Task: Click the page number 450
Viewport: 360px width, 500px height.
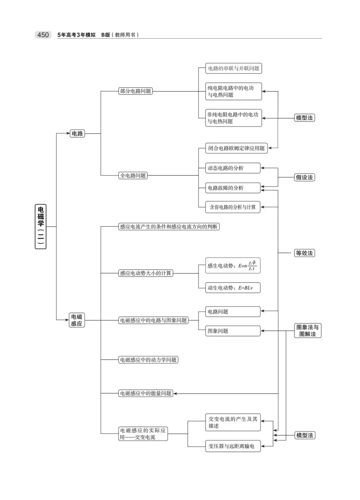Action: coord(43,35)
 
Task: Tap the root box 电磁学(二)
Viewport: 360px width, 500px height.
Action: coord(41,227)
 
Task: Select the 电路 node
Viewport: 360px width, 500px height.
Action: coord(77,134)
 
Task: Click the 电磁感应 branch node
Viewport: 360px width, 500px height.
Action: coord(77,320)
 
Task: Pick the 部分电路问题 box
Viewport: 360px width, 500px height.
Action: coord(135,91)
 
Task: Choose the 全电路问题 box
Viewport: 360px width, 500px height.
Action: coord(133,176)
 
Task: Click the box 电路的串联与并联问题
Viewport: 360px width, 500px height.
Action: coord(233,69)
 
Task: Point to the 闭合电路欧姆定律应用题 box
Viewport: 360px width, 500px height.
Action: coord(236,148)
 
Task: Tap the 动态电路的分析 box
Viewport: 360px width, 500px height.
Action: coord(232,168)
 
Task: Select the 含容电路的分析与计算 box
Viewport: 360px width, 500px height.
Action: coord(233,207)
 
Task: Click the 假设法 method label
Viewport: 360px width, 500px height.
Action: coord(304,177)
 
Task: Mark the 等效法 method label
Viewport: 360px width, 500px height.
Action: coord(304,253)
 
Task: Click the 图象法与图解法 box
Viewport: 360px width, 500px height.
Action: coord(307,330)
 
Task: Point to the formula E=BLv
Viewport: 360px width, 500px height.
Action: coord(245,288)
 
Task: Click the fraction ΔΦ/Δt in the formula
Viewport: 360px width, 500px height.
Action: coord(252,265)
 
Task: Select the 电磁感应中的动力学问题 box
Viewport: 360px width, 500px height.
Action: coord(148,360)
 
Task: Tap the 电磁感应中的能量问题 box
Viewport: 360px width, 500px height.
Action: coord(146,393)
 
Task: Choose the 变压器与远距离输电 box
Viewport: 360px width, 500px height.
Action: coord(232,446)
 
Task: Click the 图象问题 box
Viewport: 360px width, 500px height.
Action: coord(232,331)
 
